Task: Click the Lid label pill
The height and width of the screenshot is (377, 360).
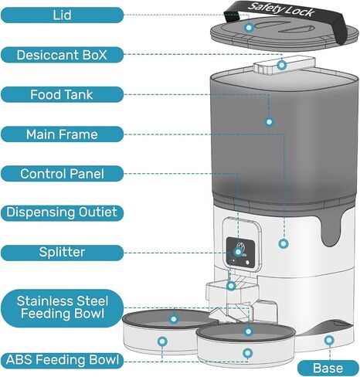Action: coord(62,15)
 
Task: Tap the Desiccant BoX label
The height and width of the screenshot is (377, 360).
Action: coord(62,55)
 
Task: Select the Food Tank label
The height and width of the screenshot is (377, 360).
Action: coord(62,94)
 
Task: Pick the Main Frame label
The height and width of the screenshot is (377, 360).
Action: coord(62,134)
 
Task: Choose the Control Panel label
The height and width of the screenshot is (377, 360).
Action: coord(62,174)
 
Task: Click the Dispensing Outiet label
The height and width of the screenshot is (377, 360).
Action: coord(62,212)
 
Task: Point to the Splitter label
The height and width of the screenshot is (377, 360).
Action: coord(62,253)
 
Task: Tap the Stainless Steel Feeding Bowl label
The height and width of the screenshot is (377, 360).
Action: coord(62,308)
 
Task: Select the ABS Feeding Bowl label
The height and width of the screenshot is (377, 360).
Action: coord(62,360)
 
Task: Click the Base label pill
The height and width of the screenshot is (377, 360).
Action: coord(328,369)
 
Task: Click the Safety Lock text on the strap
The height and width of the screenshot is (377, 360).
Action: coord(281,9)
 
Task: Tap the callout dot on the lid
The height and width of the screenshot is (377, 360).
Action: coord(249,27)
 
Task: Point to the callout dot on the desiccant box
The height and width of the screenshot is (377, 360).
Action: coord(282,65)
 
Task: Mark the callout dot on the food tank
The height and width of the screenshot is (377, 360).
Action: coord(270,122)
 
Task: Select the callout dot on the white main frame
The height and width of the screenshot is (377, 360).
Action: coord(284,243)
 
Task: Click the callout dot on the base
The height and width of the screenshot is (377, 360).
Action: coord(329,341)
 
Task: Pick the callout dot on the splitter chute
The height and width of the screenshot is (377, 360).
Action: coord(231,286)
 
